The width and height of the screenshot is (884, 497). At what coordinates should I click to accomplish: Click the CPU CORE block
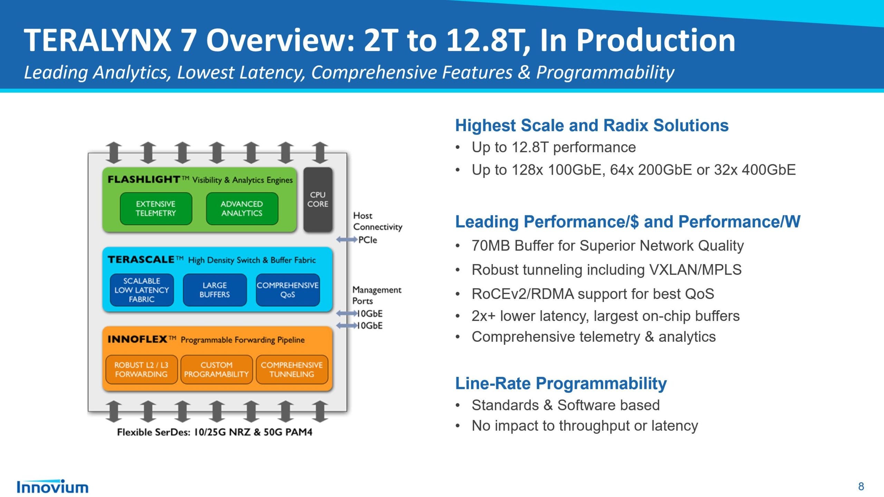(x=318, y=199)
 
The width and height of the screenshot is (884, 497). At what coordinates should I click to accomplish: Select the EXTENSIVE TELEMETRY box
(x=156, y=208)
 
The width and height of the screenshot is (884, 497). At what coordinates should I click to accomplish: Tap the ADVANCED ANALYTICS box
(x=242, y=208)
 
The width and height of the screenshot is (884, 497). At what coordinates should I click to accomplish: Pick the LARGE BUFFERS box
(x=214, y=290)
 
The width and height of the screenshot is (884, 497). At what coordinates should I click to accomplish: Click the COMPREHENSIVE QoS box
(x=288, y=290)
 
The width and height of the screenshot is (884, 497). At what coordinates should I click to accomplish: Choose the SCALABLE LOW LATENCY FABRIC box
(x=142, y=290)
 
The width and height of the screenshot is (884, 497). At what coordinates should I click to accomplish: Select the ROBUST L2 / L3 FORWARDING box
(x=141, y=370)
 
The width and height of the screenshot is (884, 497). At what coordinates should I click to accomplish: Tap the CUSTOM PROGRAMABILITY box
(x=217, y=370)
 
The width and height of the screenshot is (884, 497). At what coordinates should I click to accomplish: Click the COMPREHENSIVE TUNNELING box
(x=292, y=370)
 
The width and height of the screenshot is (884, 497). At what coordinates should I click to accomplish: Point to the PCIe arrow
(x=347, y=240)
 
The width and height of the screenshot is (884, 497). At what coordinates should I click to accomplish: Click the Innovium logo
(x=52, y=487)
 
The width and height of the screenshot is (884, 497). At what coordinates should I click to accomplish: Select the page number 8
(x=861, y=487)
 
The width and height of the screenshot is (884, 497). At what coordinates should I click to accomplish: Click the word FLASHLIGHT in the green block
(x=144, y=179)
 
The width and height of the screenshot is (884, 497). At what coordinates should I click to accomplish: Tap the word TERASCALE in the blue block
(x=141, y=260)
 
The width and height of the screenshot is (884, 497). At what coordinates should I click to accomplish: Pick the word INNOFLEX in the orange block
(x=137, y=339)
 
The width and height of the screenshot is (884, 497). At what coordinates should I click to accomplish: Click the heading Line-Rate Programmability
(x=561, y=383)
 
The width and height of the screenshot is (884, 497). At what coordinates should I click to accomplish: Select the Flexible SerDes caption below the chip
(x=214, y=432)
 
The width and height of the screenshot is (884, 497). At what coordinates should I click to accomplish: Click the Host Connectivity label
(x=377, y=221)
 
